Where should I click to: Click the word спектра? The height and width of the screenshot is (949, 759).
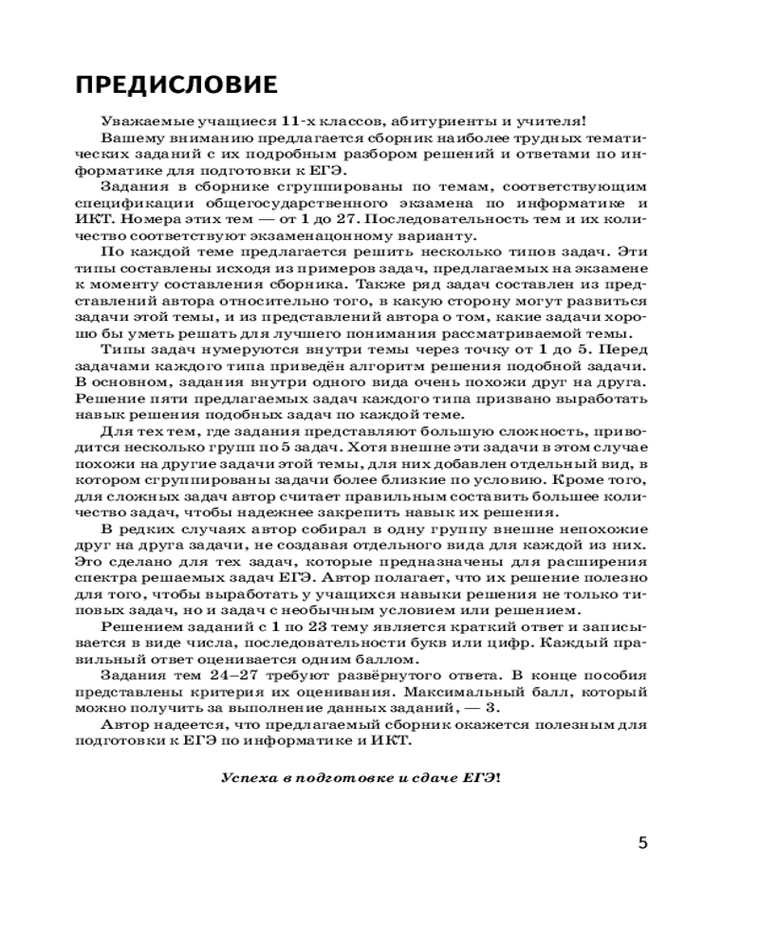123,578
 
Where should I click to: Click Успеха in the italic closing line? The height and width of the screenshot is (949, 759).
249,776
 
